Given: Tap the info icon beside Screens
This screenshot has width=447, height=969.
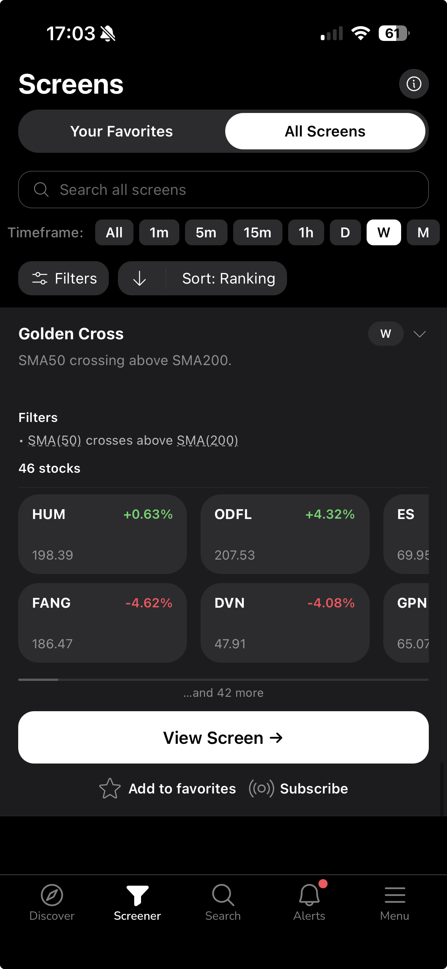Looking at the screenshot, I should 414,84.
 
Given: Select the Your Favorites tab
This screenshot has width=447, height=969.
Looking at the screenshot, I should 121,131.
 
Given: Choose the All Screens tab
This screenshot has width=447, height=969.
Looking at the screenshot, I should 325,131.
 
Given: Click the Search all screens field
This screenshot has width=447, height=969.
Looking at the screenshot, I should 223,190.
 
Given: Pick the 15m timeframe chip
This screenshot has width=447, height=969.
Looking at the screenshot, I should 257,232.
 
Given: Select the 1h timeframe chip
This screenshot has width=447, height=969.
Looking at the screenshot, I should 306,232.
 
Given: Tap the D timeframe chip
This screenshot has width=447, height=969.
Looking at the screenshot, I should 345,232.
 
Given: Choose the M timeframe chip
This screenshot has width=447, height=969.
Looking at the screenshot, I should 423,232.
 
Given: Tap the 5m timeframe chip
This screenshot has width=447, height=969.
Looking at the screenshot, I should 206,232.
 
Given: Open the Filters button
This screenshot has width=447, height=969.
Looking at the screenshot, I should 64,278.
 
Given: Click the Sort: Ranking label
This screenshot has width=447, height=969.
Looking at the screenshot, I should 229,278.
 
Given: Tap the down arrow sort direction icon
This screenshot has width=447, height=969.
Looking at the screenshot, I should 140,278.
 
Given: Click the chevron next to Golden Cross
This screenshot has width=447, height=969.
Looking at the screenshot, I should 419,334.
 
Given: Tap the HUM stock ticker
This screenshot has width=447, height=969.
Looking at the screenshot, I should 49,514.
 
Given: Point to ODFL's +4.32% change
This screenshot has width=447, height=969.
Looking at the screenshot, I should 330,514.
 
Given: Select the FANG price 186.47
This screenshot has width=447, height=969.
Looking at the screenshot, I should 52,644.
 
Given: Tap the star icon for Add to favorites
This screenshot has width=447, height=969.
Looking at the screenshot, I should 110,789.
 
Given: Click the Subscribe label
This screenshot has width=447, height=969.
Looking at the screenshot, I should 314,789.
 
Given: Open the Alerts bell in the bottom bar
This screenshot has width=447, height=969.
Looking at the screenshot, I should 309,895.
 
